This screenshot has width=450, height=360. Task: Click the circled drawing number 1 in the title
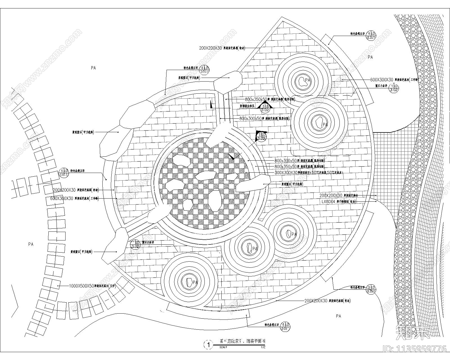(x=208, y=345)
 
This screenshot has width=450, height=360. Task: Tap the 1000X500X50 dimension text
(x=82, y=286)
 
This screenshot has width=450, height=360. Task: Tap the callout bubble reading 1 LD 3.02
(x=394, y=88)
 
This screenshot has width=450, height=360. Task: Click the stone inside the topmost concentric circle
(x=302, y=81)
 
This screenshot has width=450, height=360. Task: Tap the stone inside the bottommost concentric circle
(x=189, y=282)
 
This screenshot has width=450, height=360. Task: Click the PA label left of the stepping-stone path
(x=31, y=244)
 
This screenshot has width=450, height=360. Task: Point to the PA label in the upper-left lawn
(x=93, y=68)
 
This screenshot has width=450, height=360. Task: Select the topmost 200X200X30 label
(x=211, y=48)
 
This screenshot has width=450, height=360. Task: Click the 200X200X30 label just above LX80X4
(x=331, y=195)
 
